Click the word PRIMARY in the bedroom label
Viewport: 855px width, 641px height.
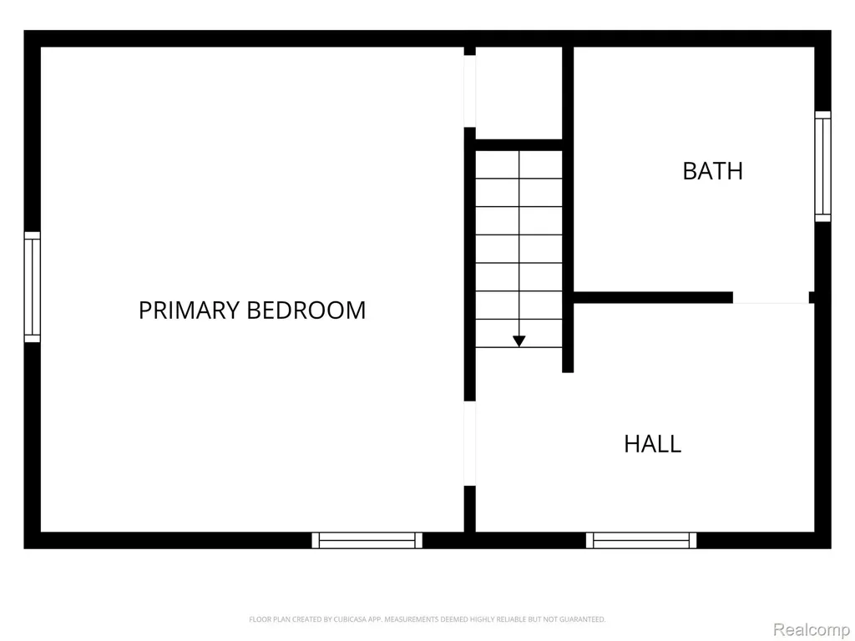click(190, 310)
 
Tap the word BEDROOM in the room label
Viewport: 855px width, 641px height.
click(306, 310)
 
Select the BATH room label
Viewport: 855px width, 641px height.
click(713, 171)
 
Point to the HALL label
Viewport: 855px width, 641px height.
click(653, 444)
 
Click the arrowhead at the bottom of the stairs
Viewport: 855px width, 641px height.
click(519, 341)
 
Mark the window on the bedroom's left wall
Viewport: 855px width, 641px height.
click(33, 287)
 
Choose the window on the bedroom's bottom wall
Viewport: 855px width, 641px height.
click(367, 540)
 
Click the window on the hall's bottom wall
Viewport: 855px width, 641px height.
click(641, 540)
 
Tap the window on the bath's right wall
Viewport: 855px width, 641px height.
click(822, 166)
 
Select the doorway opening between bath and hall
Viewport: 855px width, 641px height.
click(771, 298)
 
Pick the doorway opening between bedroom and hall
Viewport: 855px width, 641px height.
click(469, 444)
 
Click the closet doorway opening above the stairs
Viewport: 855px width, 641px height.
click(469, 92)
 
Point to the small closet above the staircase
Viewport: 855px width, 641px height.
click(519, 93)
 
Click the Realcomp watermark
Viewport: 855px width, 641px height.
click(811, 630)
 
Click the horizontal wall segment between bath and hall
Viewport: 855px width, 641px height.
click(653, 298)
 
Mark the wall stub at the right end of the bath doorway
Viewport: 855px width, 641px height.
click(812, 298)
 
